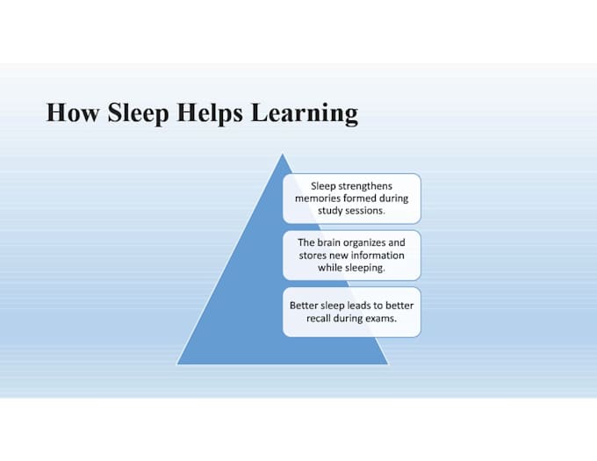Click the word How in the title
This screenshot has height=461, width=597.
(73, 112)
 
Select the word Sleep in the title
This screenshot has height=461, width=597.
(138, 113)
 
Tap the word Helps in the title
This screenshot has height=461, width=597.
(210, 113)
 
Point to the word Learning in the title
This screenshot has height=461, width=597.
(305, 113)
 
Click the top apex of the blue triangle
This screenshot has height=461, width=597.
(282, 154)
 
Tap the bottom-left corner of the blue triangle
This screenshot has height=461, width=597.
(177, 364)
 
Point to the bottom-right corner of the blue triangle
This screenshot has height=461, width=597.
(388, 364)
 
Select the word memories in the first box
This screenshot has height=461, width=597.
(318, 198)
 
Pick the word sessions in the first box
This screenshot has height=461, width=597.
(366, 211)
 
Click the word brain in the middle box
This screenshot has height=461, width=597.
(329, 242)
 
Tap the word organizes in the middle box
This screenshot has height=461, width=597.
(364, 243)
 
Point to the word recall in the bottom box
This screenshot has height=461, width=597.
(319, 318)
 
